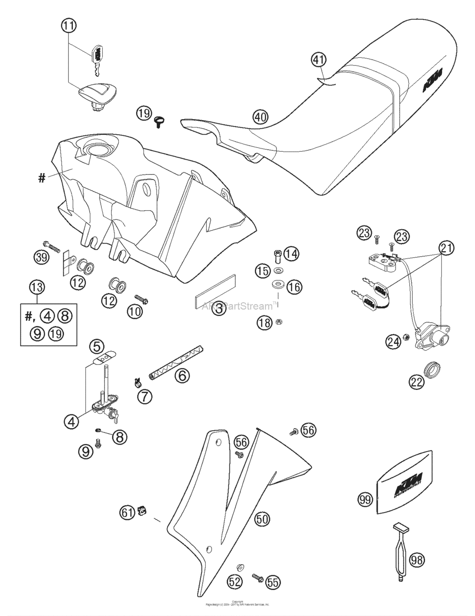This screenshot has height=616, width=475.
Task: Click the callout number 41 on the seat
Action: coord(319,60)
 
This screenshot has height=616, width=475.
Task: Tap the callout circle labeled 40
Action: coord(261,116)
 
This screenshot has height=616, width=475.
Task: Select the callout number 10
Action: coord(135,311)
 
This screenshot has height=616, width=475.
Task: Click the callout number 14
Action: coord(291,254)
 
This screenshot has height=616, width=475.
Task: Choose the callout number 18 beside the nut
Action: coord(264,322)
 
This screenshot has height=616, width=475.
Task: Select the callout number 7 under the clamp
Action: coord(144,396)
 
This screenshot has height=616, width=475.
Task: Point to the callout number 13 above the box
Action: coord(37,288)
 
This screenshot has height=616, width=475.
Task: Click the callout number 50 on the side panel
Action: coord(263,518)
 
